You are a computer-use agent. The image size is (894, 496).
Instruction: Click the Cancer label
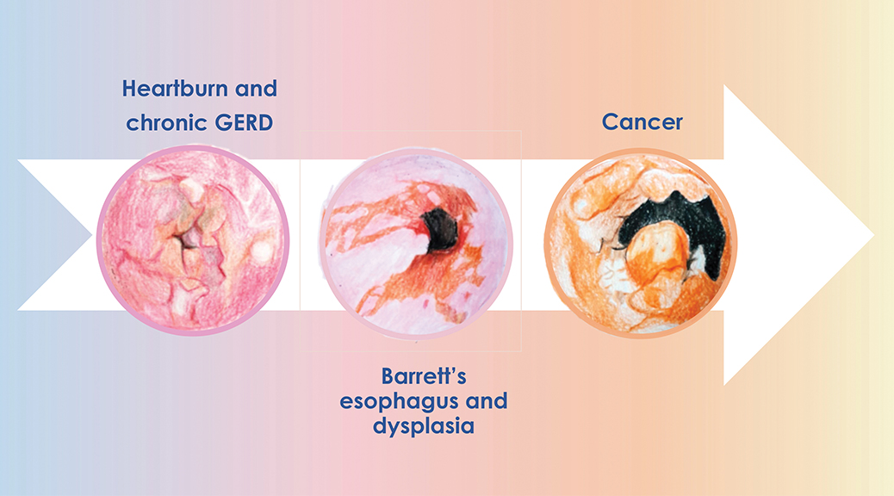642,121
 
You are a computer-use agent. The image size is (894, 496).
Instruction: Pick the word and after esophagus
488,401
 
